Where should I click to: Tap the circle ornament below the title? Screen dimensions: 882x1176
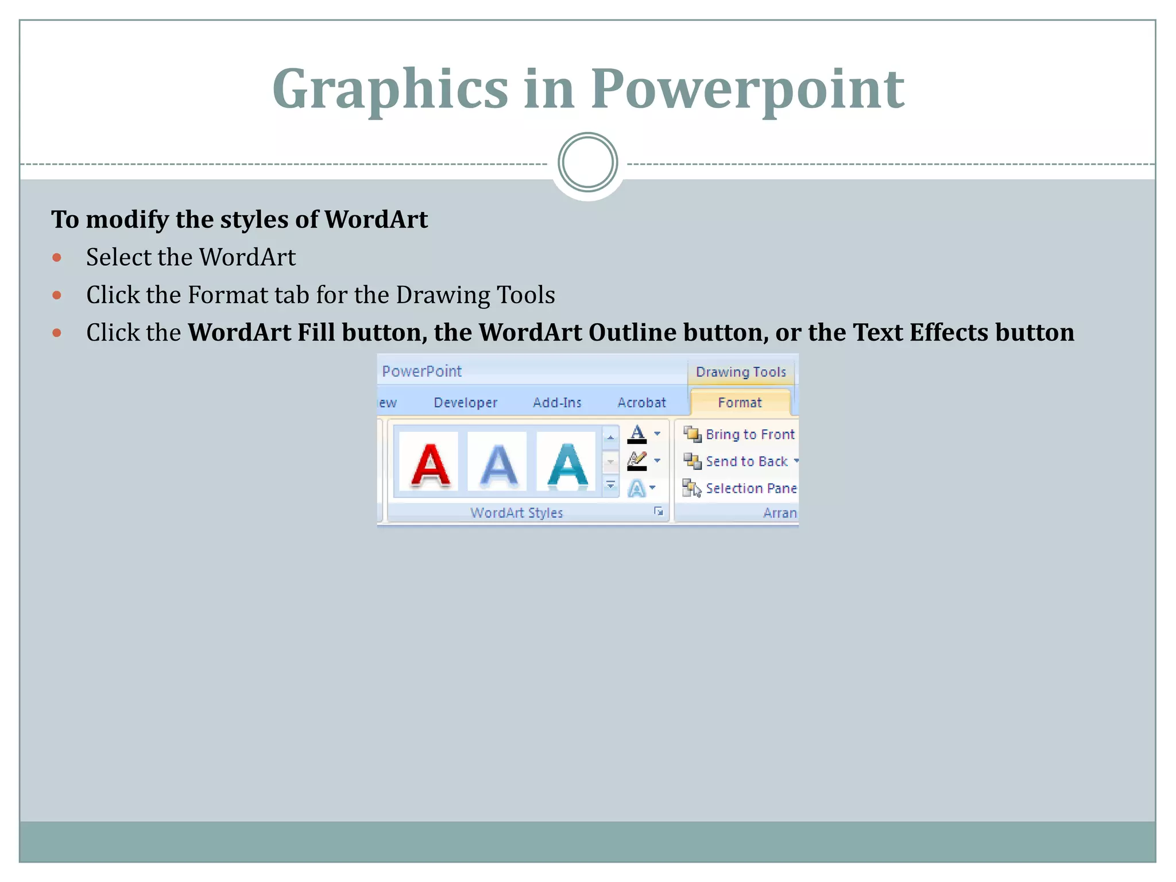(x=587, y=163)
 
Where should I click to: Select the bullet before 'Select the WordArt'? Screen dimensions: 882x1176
(x=57, y=257)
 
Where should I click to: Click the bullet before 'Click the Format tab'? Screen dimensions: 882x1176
(x=57, y=295)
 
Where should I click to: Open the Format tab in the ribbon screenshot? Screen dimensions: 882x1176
(x=740, y=403)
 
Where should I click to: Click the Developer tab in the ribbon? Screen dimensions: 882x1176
(x=465, y=403)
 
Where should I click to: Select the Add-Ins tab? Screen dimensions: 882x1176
(x=557, y=403)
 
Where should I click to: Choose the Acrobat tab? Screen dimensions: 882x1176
(x=641, y=403)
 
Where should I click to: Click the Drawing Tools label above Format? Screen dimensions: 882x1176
(x=741, y=372)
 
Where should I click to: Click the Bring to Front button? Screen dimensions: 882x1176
(x=740, y=435)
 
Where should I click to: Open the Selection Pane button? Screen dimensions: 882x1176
(x=741, y=489)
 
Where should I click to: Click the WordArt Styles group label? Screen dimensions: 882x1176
(x=516, y=513)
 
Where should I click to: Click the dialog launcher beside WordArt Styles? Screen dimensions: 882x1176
(x=659, y=512)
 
